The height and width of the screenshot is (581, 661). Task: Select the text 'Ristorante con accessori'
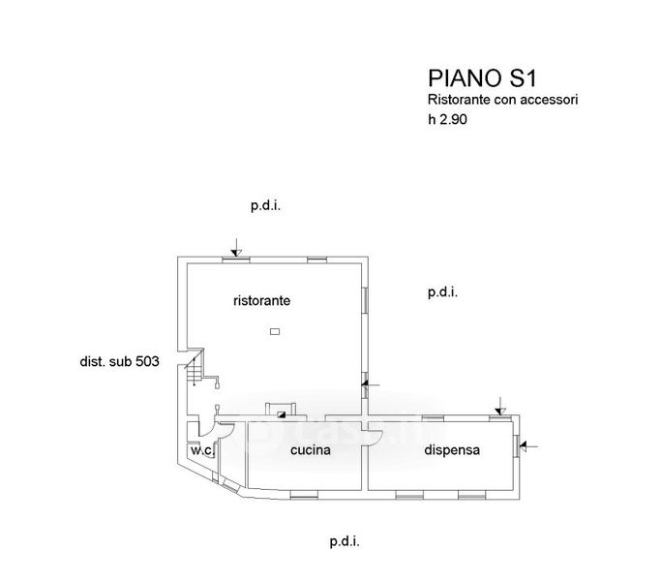pyautogui.click(x=502, y=100)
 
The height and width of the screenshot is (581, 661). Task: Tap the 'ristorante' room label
pyautogui.click(x=261, y=301)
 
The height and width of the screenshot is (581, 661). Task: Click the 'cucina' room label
pyautogui.click(x=311, y=450)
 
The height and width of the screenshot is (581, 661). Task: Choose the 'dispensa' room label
pyautogui.click(x=452, y=450)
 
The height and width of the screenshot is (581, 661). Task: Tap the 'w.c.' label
pyautogui.click(x=201, y=450)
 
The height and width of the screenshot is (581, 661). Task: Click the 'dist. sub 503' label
pyautogui.click(x=118, y=362)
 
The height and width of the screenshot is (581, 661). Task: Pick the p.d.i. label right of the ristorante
pyautogui.click(x=442, y=291)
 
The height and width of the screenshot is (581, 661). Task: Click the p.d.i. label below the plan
pyautogui.click(x=344, y=542)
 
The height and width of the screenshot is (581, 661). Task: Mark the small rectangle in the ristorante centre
pyautogui.click(x=275, y=332)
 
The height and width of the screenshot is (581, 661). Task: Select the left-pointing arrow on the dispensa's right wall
pyautogui.click(x=528, y=445)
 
